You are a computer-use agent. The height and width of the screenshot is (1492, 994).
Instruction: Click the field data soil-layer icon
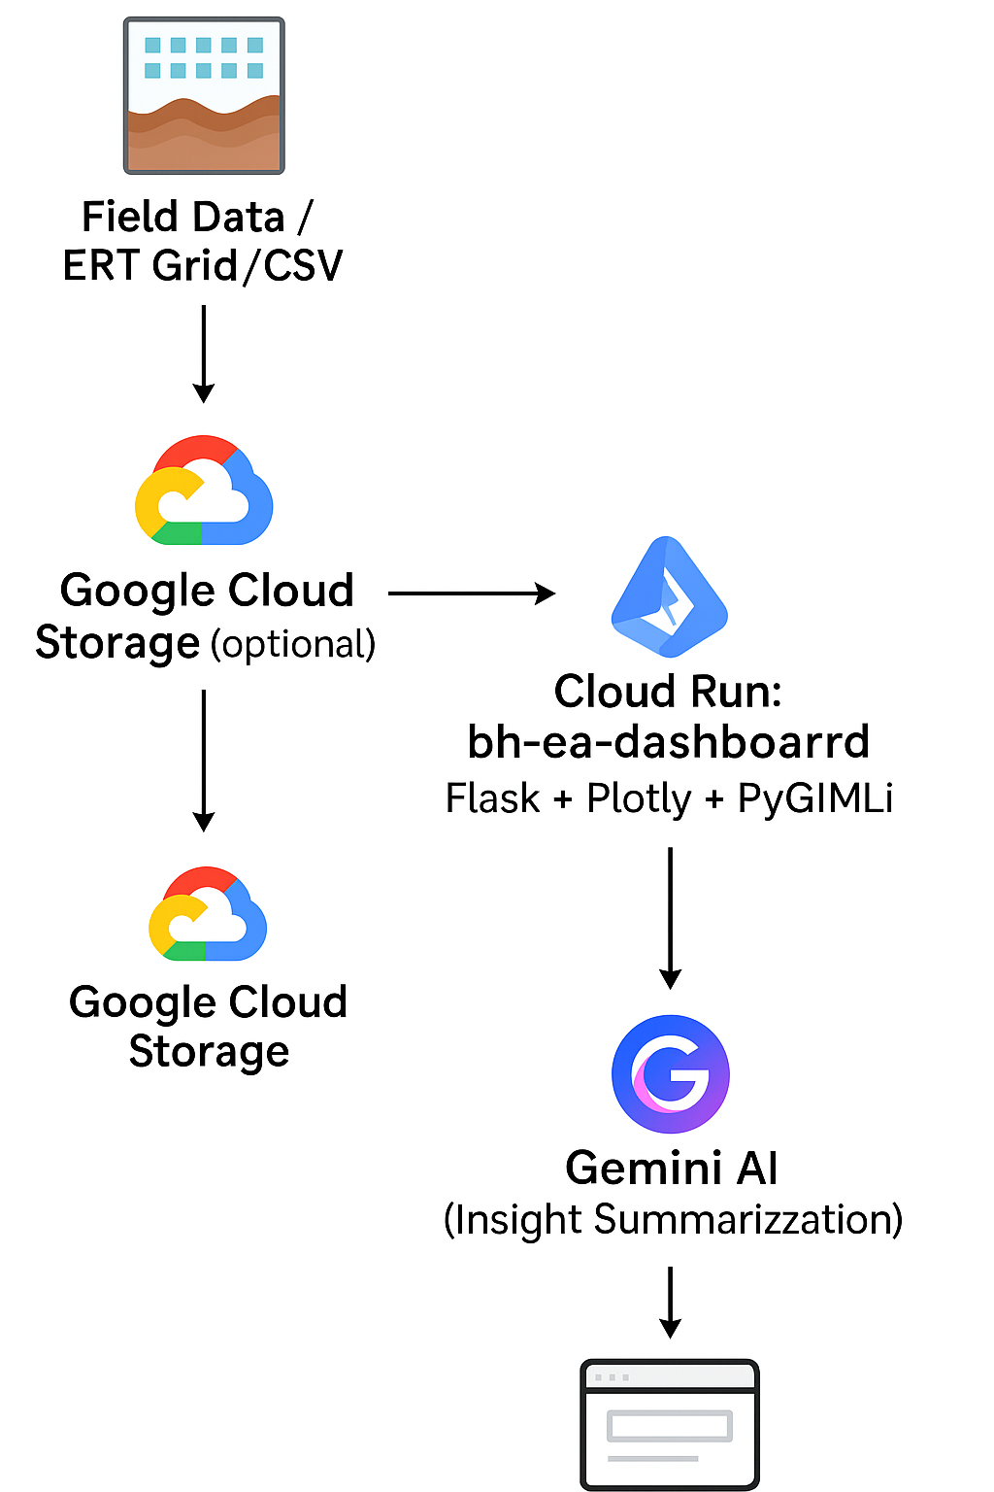[x=204, y=95]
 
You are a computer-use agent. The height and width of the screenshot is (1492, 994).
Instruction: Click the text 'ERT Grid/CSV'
[x=203, y=265]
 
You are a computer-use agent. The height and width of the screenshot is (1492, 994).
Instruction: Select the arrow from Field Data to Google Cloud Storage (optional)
[x=204, y=354]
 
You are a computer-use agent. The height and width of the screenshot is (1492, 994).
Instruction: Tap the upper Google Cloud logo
[x=204, y=491]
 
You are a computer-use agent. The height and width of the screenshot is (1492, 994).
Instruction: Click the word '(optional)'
[x=293, y=645]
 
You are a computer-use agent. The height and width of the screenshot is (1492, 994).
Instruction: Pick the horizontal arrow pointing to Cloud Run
[x=472, y=593]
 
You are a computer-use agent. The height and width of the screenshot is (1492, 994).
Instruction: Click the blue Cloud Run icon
[x=669, y=596]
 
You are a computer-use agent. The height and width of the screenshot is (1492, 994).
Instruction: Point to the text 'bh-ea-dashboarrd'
[x=668, y=742]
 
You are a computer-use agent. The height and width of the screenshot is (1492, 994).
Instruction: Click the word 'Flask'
[x=492, y=798]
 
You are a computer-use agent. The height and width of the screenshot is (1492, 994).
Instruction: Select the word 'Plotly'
[x=639, y=798]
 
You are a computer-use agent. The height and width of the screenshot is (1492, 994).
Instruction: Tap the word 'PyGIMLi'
[x=815, y=798]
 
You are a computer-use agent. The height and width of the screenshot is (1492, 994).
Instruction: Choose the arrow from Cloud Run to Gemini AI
[x=670, y=917]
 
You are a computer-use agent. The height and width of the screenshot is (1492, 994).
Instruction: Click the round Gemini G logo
[x=671, y=1073]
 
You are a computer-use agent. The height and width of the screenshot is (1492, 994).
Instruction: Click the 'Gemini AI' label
[x=672, y=1168]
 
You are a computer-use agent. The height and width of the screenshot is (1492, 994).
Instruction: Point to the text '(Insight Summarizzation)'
[x=673, y=1220]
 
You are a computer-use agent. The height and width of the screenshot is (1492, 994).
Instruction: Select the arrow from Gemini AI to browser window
[x=670, y=1302]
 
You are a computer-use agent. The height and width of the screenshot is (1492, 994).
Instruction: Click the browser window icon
[x=670, y=1424]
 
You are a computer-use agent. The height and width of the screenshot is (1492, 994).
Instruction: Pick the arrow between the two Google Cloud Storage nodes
[x=204, y=760]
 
